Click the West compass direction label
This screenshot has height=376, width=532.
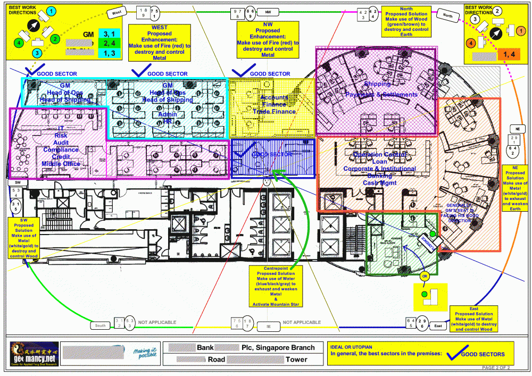(x=117, y=11)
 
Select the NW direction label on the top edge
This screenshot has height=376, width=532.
(x=268, y=11)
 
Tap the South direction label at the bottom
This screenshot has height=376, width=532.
(x=101, y=325)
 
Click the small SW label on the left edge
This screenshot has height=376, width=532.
(x=17, y=182)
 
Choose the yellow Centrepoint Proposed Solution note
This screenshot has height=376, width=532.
(x=276, y=286)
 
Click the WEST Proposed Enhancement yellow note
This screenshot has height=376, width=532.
(x=160, y=43)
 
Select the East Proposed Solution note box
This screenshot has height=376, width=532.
(x=474, y=319)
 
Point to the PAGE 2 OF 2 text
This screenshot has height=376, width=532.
(x=496, y=367)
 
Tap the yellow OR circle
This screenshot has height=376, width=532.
(x=424, y=277)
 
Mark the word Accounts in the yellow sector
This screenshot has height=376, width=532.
(x=274, y=97)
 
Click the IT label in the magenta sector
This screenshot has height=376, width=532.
(x=61, y=128)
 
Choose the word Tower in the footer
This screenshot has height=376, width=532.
(x=296, y=359)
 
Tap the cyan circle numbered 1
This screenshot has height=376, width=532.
(x=51, y=11)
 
